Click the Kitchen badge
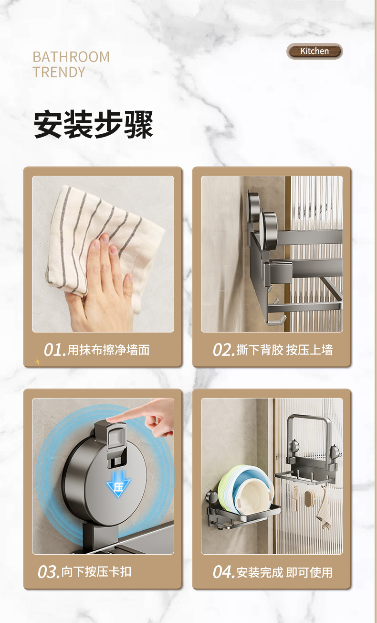(314, 51)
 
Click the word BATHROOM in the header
(71, 57)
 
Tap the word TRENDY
(59, 72)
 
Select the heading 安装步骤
(94, 125)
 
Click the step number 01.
(54, 350)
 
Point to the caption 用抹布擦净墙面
(108, 350)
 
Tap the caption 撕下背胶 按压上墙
(284, 350)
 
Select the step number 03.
(49, 572)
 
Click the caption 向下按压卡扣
(96, 572)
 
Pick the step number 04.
(224, 572)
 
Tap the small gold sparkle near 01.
(38, 361)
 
